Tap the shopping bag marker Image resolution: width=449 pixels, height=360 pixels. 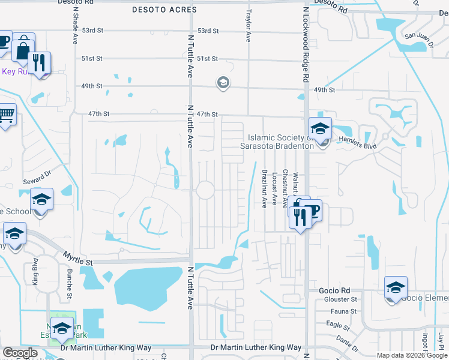(23, 48)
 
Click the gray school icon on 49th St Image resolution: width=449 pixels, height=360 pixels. (223, 83)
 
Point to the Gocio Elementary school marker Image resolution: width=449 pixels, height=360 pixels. (396, 288)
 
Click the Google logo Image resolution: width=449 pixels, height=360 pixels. (20, 353)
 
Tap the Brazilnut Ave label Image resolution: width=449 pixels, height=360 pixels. (264, 188)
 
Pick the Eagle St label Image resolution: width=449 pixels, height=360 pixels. (339, 326)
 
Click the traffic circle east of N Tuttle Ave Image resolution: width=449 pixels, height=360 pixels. (206, 190)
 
